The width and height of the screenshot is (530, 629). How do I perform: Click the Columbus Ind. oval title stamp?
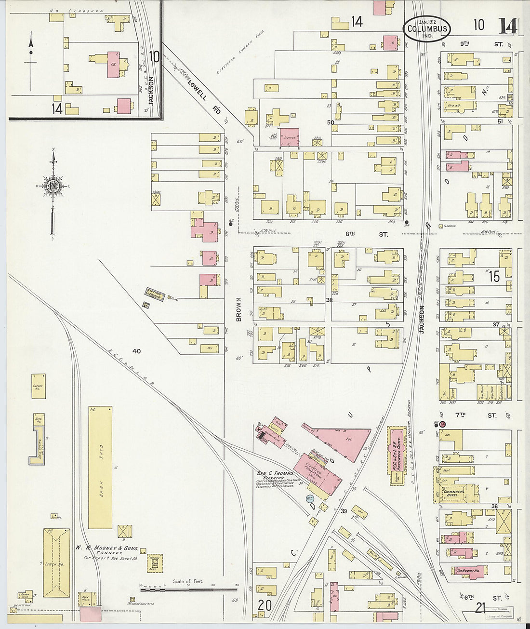(x=427, y=28)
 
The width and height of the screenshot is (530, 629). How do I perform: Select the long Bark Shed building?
(x=100, y=467)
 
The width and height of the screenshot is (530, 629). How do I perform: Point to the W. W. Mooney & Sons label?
(x=106, y=549)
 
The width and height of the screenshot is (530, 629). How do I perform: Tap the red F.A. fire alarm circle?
(x=442, y=424)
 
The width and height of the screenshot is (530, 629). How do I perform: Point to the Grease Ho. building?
(x=39, y=386)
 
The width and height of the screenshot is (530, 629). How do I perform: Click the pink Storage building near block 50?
(x=290, y=137)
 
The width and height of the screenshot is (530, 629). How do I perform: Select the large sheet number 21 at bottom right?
(x=479, y=608)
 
